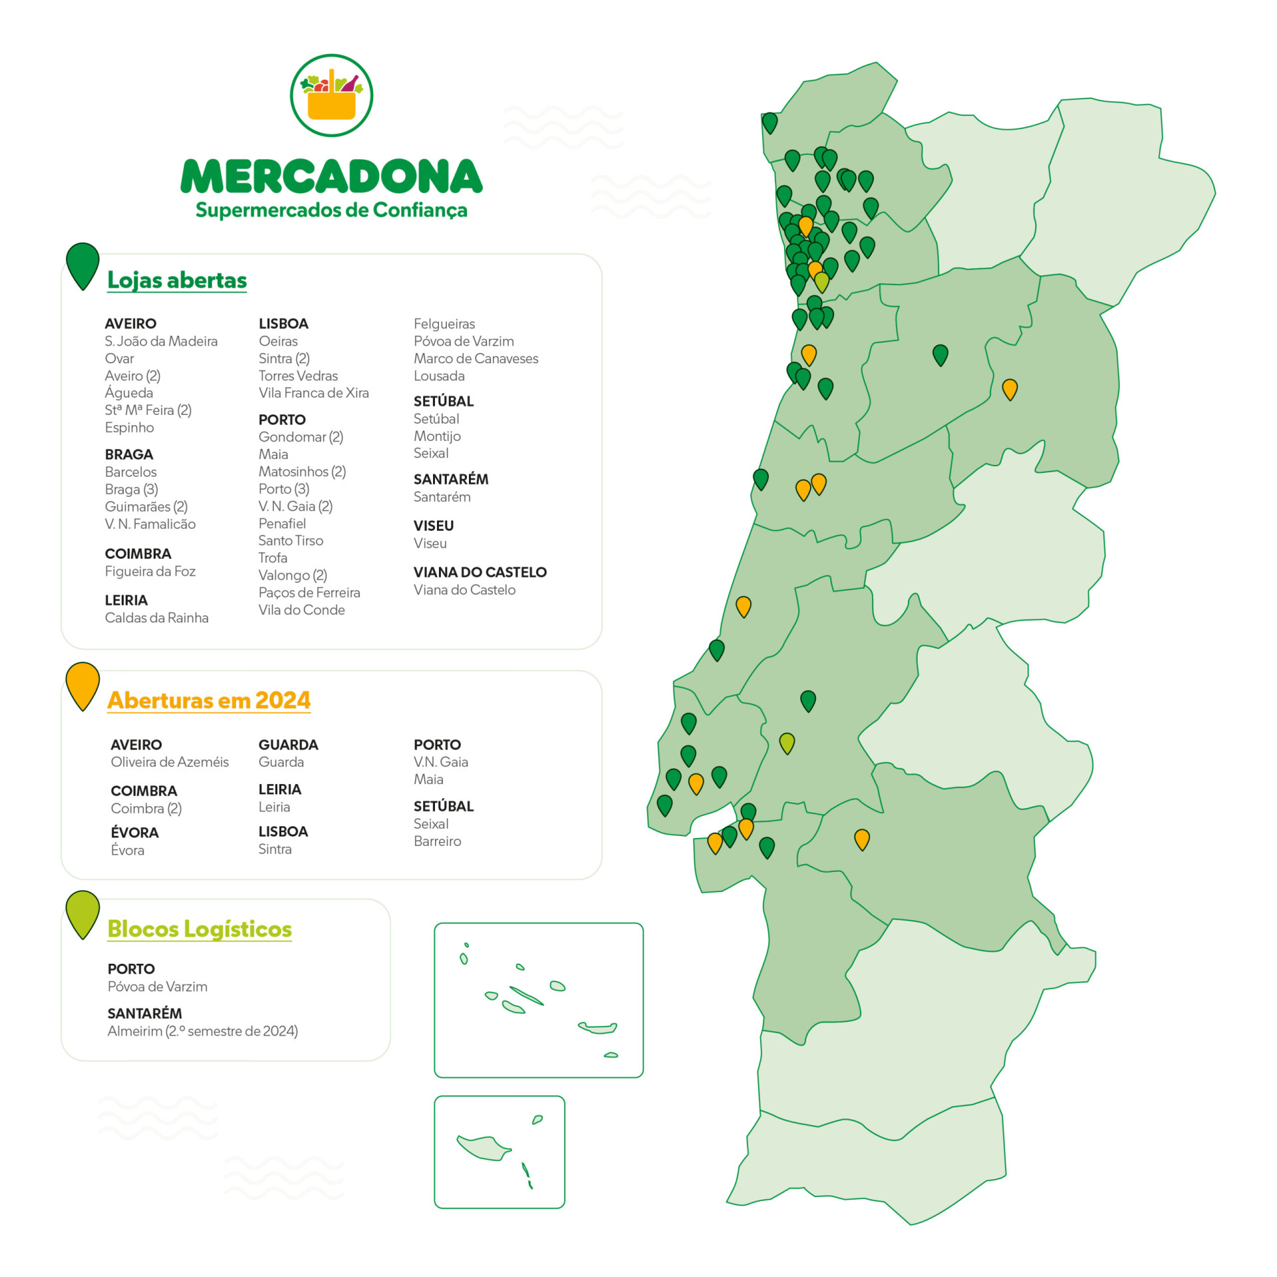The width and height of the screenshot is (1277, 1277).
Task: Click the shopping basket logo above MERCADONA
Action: pyautogui.click(x=331, y=95)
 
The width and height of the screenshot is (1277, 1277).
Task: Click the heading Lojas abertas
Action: pyautogui.click(x=177, y=280)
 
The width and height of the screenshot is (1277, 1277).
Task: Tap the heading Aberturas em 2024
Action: pyautogui.click(x=209, y=700)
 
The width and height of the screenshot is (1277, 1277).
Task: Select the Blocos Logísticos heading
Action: pyautogui.click(x=200, y=928)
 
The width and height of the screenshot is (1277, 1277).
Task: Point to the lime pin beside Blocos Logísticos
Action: pyautogui.click(x=82, y=913)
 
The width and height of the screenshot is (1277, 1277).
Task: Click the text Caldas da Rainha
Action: pyautogui.click(x=156, y=618)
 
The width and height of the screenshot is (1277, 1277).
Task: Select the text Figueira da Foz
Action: pyautogui.click(x=150, y=571)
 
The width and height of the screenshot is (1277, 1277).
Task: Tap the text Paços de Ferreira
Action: pyautogui.click(x=309, y=593)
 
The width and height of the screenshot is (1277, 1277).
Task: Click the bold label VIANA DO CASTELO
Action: pyautogui.click(x=480, y=572)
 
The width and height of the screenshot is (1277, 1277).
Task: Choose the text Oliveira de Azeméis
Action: pyautogui.click(x=170, y=762)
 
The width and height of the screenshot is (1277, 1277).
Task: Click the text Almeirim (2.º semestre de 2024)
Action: pyautogui.click(x=203, y=1031)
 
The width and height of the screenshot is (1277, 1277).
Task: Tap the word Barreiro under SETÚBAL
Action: pyautogui.click(x=437, y=841)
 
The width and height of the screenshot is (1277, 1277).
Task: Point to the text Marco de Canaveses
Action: pyautogui.click(x=476, y=358)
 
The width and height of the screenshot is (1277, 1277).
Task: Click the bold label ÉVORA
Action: pyautogui.click(x=135, y=833)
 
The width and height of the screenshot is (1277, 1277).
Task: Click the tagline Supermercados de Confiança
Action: pyautogui.click(x=331, y=210)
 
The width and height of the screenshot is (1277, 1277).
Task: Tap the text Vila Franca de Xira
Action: pyautogui.click(x=313, y=393)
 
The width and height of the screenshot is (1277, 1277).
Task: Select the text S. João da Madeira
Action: pyautogui.click(x=161, y=341)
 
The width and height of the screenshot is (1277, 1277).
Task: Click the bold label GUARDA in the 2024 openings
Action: pyautogui.click(x=288, y=745)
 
